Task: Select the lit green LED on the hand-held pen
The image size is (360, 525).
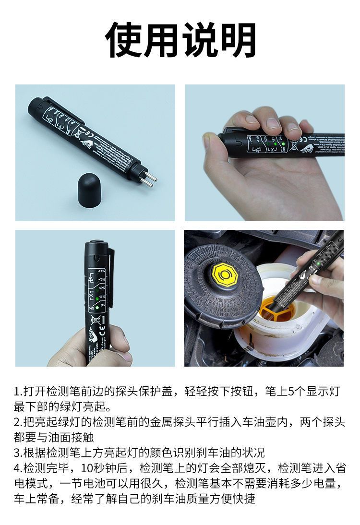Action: pos(283,143)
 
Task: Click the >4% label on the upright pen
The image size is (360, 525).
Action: pos(102,272)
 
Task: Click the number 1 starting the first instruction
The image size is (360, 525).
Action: pos(17,392)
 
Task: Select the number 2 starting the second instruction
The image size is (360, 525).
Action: pos(17,423)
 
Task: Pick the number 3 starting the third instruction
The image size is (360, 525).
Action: pos(17,453)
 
